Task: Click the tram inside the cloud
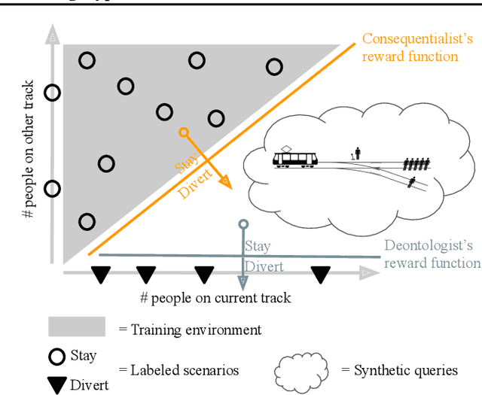(295, 159)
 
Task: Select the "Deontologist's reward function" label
(432, 254)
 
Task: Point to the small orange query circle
(183, 132)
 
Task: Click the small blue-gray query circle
(243, 224)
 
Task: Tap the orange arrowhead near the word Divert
(227, 182)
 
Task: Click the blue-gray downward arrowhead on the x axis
(243, 283)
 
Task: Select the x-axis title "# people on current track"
(215, 298)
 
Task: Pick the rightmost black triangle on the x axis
(321, 275)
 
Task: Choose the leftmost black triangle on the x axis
(99, 275)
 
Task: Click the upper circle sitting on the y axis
(52, 93)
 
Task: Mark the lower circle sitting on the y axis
(52, 188)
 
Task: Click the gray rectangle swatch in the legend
(77, 327)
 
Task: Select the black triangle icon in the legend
(57, 384)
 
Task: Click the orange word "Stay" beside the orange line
(184, 164)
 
